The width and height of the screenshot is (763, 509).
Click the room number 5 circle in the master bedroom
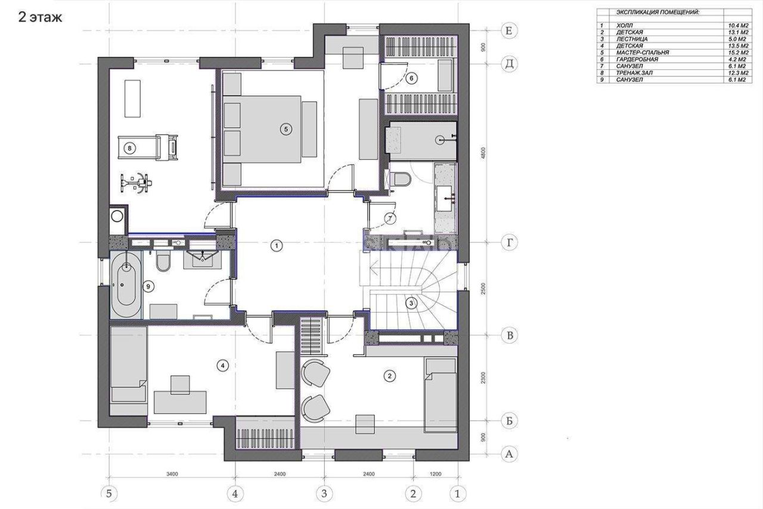pos(286,129)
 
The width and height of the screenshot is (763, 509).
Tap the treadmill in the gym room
pos(148,147)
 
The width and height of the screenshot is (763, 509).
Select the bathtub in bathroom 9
pos(126,285)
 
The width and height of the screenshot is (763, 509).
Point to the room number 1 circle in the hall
pos(276,245)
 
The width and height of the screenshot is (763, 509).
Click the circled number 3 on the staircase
pos(411,303)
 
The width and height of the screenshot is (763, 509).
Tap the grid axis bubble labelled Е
pos(509,31)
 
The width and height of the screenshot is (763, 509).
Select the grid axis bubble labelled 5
pos(109,493)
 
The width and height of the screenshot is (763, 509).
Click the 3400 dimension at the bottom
pos(172,474)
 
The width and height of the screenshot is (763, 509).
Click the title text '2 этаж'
pos(40,17)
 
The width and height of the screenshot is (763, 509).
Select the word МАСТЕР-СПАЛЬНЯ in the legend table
pos(643,53)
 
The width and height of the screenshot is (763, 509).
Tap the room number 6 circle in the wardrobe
pos(411,78)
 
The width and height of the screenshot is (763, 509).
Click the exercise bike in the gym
pos(135,183)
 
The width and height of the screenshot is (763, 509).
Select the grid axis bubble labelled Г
pos(510,243)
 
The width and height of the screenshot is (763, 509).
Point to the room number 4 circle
pos(222,366)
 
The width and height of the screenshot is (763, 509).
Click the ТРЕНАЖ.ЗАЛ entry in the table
pos(634,73)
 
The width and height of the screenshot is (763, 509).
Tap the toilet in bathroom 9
pos(163,263)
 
